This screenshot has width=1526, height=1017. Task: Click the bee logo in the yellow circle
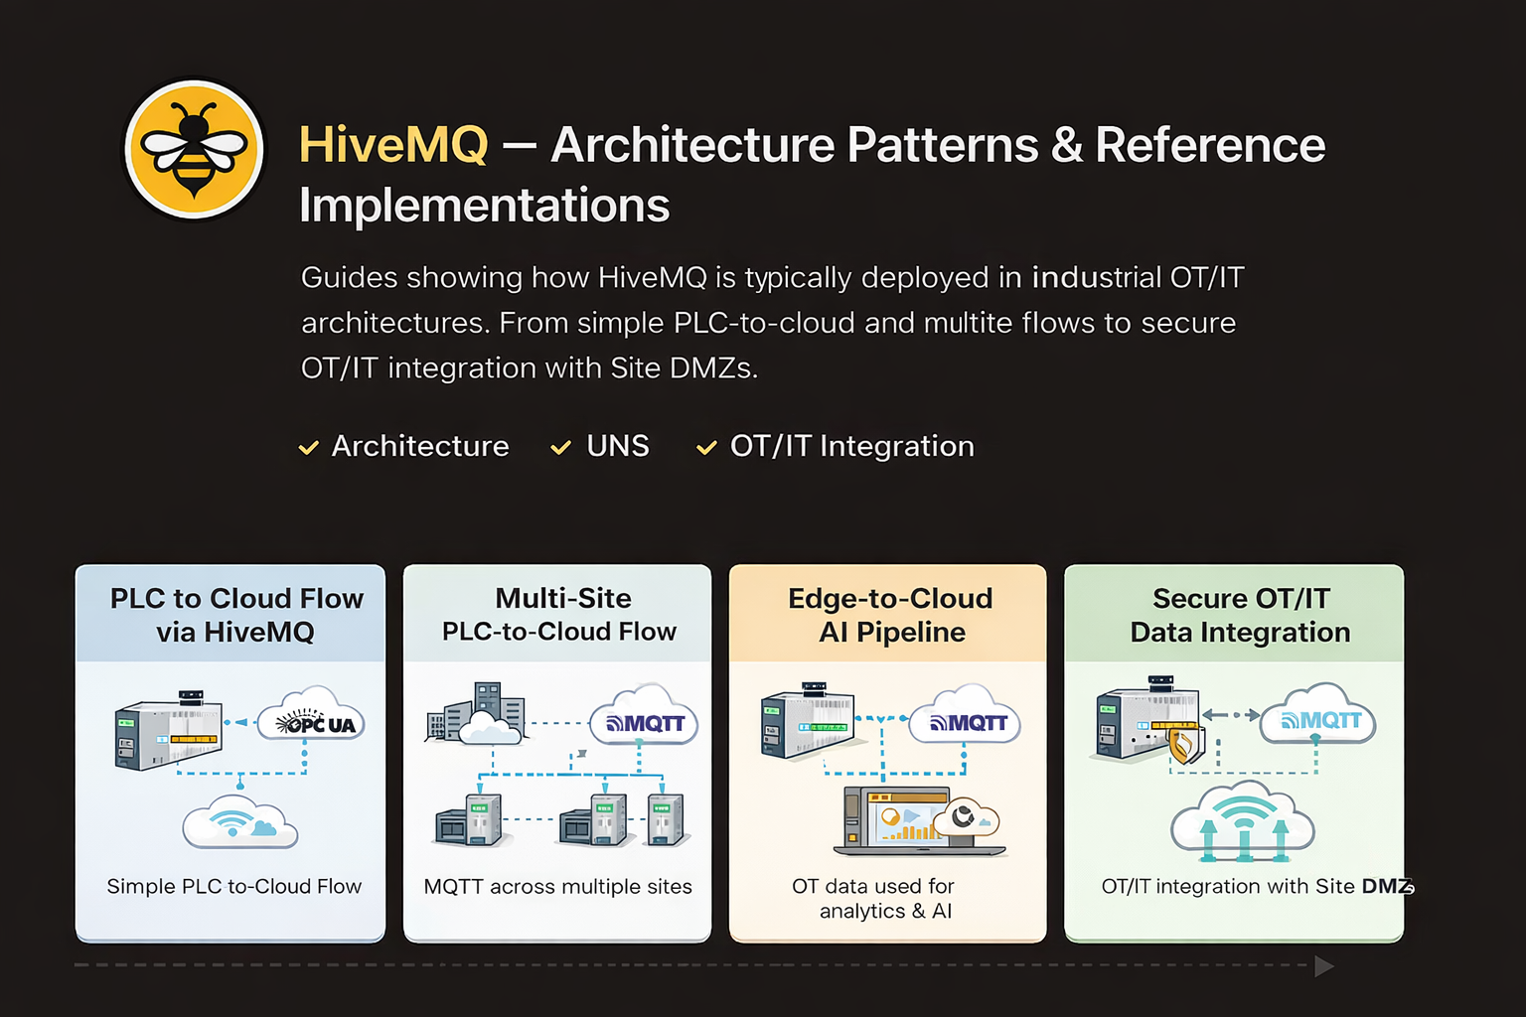pos(194,149)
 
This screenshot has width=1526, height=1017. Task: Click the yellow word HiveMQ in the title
pos(393,145)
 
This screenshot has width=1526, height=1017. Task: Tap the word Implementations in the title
pos(484,206)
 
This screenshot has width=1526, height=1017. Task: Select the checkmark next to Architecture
pos(309,448)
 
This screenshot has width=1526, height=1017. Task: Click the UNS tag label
pos(617,446)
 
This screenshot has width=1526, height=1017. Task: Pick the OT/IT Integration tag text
pos(851,446)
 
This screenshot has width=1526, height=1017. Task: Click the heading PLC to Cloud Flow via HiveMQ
pos(235,615)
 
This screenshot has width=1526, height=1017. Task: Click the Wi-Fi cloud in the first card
pos(239,823)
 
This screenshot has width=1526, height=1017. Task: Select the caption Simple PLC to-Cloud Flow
pos(233,886)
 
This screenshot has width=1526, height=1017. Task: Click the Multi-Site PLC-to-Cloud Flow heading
pos(559,615)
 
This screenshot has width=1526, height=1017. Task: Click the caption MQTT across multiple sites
pos(557,886)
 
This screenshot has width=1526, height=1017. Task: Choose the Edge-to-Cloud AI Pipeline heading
pos(891,615)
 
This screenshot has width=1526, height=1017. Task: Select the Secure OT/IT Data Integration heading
pos(1240,615)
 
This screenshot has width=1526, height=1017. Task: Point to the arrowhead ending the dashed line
pos(1323,965)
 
